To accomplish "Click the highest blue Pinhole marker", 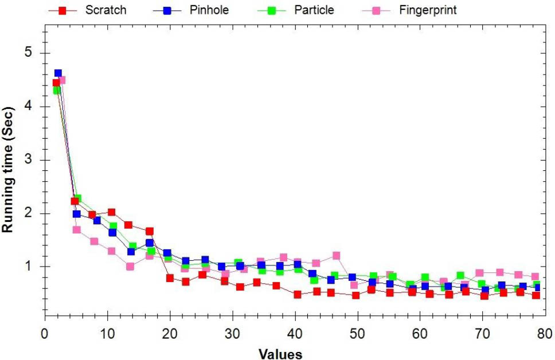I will click(x=58, y=73).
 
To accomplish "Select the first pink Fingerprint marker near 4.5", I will click(x=62, y=80).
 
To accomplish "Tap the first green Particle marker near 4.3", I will click(x=56, y=91).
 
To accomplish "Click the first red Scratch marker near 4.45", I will click(x=56, y=83).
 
